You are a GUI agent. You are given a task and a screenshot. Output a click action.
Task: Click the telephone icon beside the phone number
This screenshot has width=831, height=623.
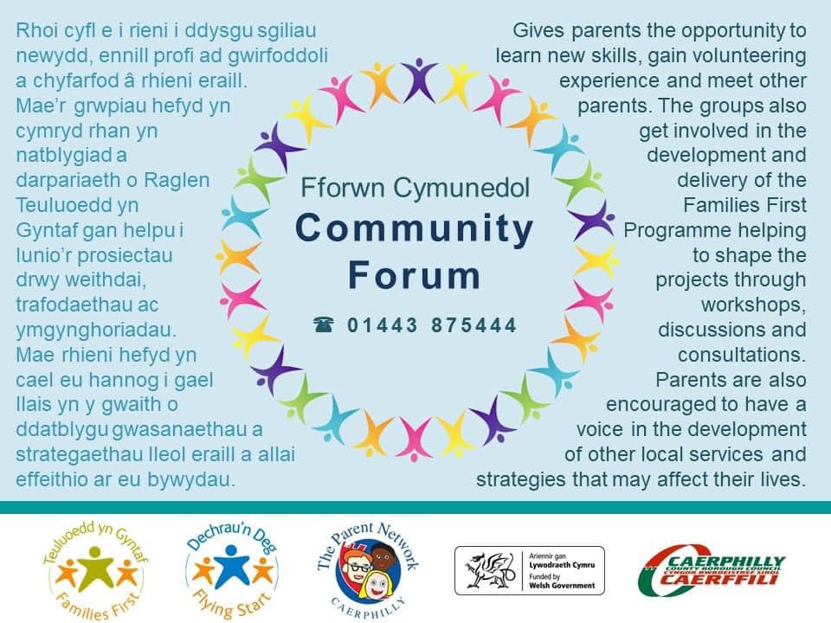323,324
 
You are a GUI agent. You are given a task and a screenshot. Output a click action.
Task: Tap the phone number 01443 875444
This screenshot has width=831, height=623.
432,325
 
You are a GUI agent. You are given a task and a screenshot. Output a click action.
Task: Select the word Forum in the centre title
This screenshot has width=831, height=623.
415,275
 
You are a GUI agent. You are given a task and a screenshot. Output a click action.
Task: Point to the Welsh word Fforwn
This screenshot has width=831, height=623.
343,188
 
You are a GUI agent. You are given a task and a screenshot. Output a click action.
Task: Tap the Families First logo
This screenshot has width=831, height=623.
95,570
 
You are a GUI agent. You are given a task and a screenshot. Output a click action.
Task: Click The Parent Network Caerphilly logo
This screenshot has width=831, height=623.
368,570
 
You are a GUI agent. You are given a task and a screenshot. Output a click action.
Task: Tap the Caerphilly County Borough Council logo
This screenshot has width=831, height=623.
712,570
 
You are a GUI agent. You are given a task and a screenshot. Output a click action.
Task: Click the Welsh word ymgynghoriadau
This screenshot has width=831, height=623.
96,331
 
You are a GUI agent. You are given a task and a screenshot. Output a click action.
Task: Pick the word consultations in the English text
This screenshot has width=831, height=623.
742,355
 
